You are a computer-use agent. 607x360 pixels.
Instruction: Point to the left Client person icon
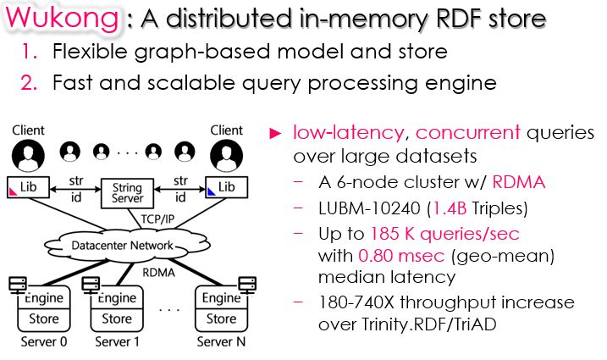(x=28, y=156)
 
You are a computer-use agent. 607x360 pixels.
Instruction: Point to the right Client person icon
(x=225, y=156)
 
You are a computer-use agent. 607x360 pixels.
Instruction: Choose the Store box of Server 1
(x=117, y=318)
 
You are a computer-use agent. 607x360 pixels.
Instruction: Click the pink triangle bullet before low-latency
(x=274, y=133)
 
